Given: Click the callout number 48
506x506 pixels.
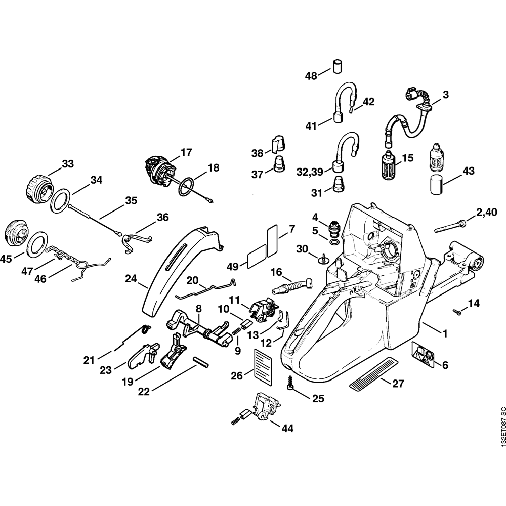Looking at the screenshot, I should coord(311,76).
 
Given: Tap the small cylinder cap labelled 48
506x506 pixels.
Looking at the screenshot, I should coord(337,66).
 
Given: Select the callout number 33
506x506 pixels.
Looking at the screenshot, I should coord(67,163).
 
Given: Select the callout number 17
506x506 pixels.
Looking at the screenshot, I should coord(186,151).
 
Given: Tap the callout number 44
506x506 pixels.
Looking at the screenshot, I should coord(287,428).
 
